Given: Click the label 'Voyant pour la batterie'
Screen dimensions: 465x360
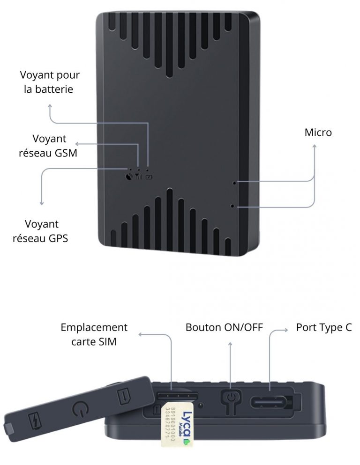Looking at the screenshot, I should click(50, 82).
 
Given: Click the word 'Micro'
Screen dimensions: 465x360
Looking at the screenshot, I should click(318, 133).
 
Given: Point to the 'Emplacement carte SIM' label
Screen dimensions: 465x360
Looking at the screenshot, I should click(94, 334).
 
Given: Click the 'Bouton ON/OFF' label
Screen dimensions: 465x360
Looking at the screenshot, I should click(224, 327).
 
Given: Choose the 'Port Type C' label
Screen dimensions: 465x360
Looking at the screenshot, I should click(323, 327).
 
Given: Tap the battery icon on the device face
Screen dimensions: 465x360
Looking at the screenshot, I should click(149, 177).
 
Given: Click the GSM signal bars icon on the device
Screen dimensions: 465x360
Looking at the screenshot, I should click(138, 177).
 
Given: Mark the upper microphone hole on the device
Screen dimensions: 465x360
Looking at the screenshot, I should click(234, 182).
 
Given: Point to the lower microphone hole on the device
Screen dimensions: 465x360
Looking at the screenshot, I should click(233, 206).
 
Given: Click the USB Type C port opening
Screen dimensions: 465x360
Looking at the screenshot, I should click(271, 402).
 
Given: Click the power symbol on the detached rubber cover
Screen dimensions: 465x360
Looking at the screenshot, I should click(81, 411).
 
